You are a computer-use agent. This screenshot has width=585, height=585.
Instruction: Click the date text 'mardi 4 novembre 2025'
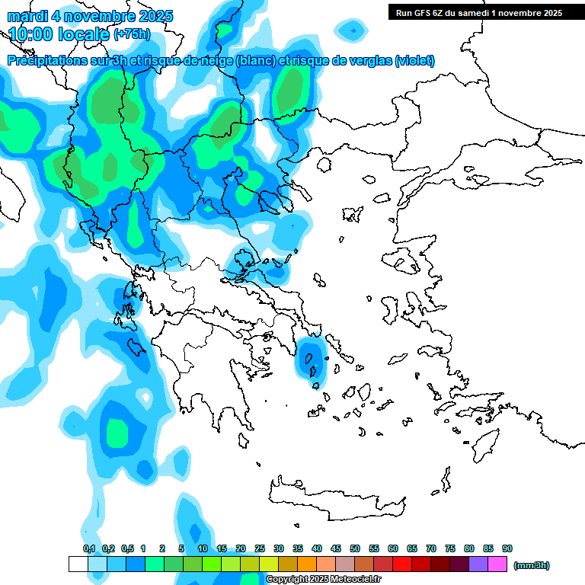(90, 16)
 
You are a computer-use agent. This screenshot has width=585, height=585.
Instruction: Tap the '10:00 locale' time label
(59, 34)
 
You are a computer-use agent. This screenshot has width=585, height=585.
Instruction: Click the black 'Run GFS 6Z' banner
(475, 12)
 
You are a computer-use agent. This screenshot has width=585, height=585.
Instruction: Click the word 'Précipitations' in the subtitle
(46, 61)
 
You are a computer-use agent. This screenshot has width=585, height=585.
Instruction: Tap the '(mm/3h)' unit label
(532, 565)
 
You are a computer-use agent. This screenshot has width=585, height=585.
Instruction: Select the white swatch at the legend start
(78, 564)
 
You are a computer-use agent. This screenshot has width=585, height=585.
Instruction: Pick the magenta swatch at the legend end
(497, 564)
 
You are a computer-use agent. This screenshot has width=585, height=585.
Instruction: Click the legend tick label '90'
(507, 548)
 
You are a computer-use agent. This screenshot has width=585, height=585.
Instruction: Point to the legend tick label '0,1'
(89, 548)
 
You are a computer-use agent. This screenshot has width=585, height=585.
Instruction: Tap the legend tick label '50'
(355, 548)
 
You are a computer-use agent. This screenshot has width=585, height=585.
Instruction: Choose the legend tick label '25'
(260, 548)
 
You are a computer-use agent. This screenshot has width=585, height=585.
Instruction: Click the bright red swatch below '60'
(402, 564)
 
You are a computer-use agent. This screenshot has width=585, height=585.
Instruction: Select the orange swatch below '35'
(307, 564)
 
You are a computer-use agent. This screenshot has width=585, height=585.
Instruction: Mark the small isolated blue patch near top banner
(352, 30)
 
